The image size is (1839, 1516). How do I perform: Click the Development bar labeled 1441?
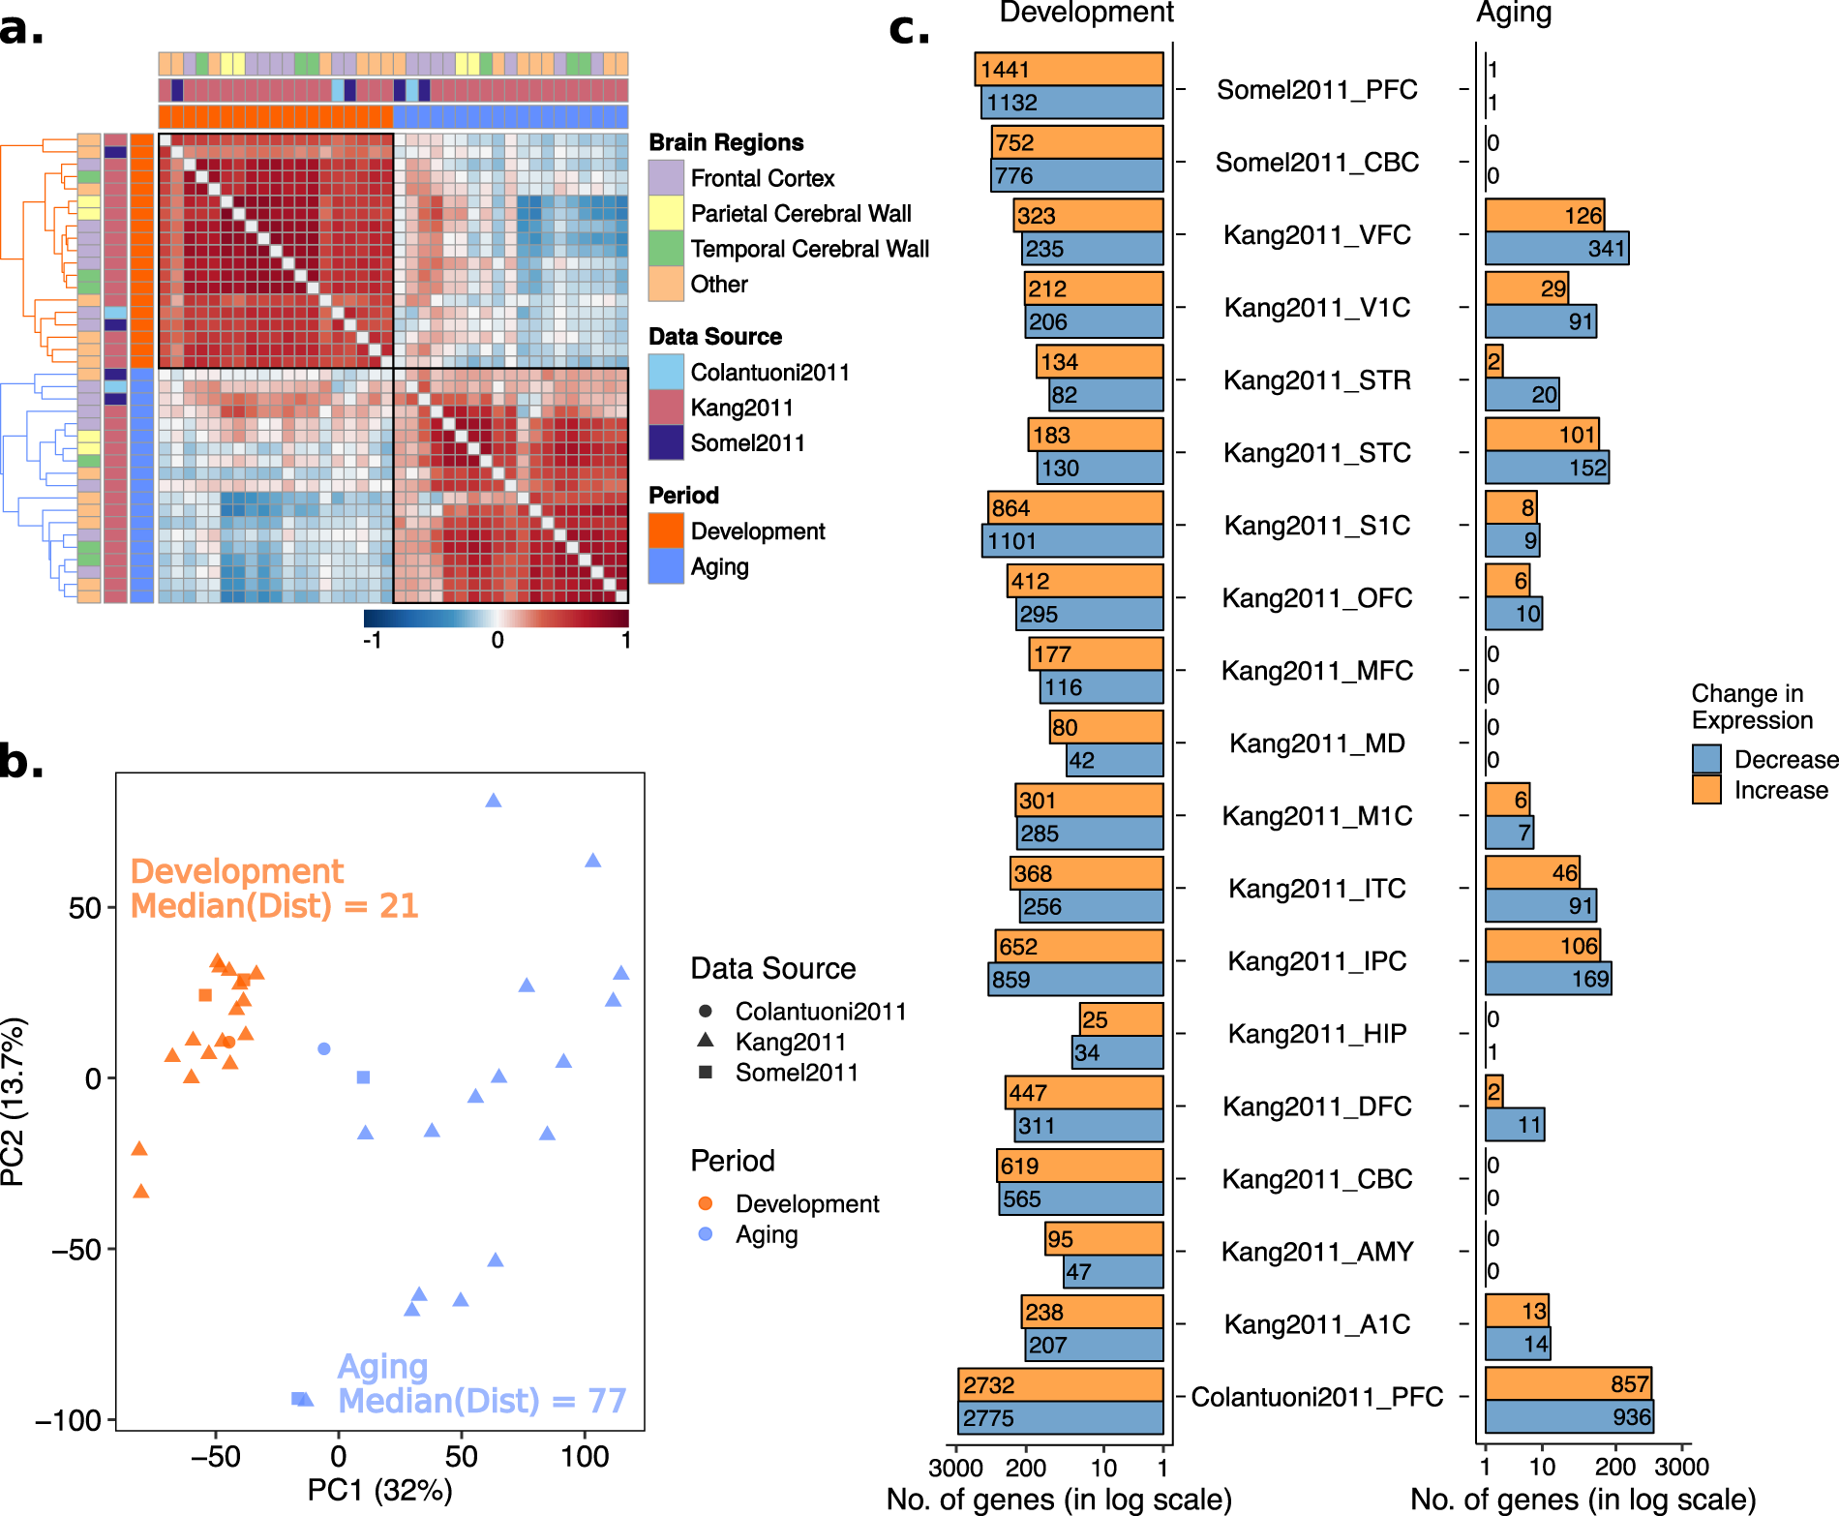[x=1069, y=69]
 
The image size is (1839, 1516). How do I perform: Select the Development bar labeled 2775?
[x=1061, y=1418]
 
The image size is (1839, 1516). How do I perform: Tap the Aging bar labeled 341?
[x=1556, y=249]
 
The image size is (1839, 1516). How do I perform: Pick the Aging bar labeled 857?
[x=1568, y=1383]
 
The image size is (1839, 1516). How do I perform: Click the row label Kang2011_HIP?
[x=1316, y=1034]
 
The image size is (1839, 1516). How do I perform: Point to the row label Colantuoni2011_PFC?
[x=1316, y=1397]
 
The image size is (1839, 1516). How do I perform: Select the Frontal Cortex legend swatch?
[x=666, y=178]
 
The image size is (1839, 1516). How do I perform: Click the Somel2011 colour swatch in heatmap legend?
[x=666, y=442]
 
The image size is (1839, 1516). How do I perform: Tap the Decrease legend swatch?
[x=1706, y=759]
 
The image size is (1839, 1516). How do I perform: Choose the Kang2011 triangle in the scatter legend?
[x=706, y=1041]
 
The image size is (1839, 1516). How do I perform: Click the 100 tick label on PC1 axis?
[x=585, y=1456]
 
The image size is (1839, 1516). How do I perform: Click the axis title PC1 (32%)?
[x=379, y=1491]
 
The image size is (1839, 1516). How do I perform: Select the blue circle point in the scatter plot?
[x=324, y=1048]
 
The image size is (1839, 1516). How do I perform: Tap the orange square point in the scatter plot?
[x=205, y=995]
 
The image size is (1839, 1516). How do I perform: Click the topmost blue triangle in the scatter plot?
[x=494, y=801]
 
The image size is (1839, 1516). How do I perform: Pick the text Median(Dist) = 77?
[x=482, y=1401]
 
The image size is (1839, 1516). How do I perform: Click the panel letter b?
[x=21, y=761]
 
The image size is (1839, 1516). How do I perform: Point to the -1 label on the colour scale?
[x=372, y=640]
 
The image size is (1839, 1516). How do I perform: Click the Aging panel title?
[x=1514, y=13]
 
